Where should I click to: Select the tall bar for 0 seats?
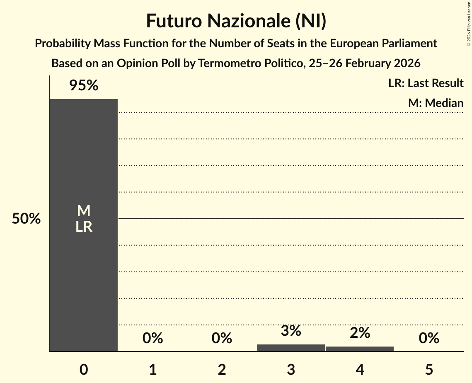(x=84, y=269)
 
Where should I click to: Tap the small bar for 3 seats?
(x=291, y=348)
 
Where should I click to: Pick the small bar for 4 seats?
(x=360, y=349)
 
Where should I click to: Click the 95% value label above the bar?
(x=84, y=86)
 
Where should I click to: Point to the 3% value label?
(x=291, y=331)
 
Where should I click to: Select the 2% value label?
(x=360, y=333)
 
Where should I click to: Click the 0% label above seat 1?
(x=152, y=339)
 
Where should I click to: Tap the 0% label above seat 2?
(x=222, y=339)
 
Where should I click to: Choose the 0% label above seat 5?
(x=429, y=339)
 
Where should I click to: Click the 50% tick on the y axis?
(x=26, y=219)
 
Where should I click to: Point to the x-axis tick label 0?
(x=84, y=369)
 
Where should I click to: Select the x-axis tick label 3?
(x=291, y=369)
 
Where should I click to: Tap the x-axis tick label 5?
(x=429, y=369)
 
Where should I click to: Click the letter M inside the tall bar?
(x=84, y=211)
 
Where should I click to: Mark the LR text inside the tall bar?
(x=84, y=227)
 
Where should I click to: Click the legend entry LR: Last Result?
(x=426, y=83)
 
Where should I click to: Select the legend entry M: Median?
(x=436, y=103)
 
